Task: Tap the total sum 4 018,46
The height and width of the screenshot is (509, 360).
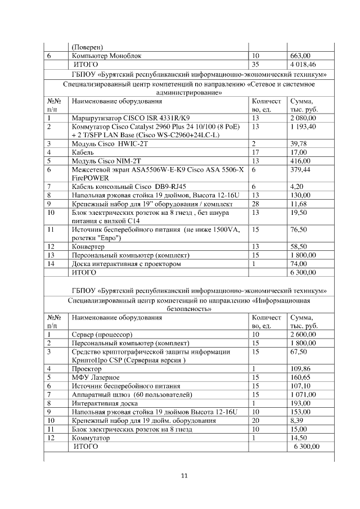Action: [x=303, y=65]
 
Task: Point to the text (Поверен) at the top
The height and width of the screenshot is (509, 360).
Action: [x=89, y=47]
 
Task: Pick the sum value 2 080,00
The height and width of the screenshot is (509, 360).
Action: [x=303, y=118]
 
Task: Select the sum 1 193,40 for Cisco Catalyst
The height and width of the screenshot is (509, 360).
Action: [x=303, y=127]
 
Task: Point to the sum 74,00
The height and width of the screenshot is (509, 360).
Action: [x=298, y=264]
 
